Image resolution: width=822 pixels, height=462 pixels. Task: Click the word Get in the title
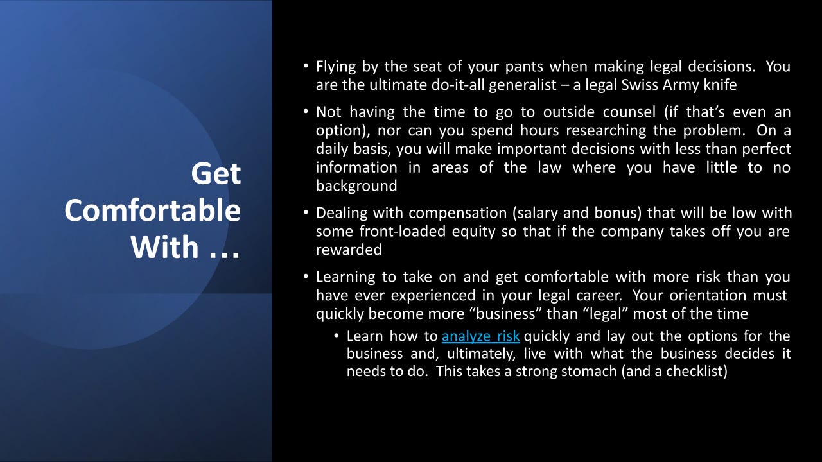216,174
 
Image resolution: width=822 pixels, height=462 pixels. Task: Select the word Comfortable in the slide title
152,210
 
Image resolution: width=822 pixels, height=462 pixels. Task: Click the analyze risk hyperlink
480,336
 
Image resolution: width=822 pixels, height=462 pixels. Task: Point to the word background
356,186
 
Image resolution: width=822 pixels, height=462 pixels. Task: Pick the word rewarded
349,250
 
